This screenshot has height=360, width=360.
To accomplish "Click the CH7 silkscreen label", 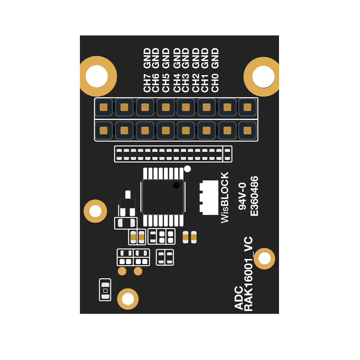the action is point(147,83).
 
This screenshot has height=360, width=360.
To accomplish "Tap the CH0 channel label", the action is point(215,83).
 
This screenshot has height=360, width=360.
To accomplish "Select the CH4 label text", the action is point(177,83).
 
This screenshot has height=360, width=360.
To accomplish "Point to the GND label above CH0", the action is point(215,58).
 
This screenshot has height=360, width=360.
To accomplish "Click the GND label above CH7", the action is point(147,58).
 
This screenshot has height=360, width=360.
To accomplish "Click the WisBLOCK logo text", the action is point(225,197).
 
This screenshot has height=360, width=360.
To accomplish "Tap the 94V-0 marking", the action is point(242,196).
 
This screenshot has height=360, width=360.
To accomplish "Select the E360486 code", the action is point(254,196).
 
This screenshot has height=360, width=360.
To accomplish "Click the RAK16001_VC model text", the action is point(248,274).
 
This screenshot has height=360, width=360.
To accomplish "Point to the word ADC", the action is point(239,298).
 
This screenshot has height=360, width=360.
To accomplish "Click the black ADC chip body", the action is point(163,197).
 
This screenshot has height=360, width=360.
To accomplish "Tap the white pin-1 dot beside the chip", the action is point(187,169).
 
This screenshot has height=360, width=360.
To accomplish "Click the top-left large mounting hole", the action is point(97,76).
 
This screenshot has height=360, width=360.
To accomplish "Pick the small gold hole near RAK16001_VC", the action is point(265,258).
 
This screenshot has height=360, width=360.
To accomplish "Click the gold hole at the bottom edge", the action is point(128,299).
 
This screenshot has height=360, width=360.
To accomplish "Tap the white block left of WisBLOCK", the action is point(209,198).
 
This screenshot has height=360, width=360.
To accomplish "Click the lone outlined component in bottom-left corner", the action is point(105,290).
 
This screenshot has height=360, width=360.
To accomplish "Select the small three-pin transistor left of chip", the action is point(128,203).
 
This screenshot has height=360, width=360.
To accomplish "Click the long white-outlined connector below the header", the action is point(174,154).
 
